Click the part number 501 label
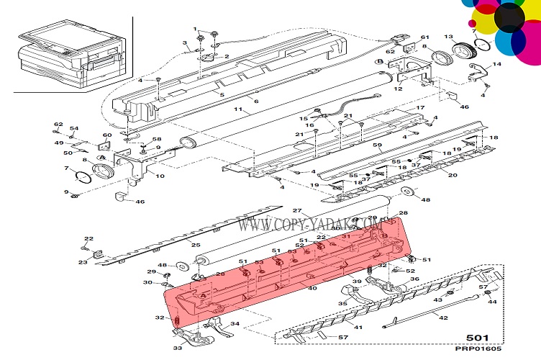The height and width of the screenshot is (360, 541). tap(478, 336)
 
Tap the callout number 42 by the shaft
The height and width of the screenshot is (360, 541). tap(443, 318)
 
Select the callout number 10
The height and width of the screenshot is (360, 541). tap(160, 176)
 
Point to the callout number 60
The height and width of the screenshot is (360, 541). tap(107, 135)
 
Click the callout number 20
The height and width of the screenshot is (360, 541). tap(453, 175)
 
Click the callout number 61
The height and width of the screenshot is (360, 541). tap(424, 37)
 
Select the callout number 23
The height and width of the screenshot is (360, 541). tap(83, 263)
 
